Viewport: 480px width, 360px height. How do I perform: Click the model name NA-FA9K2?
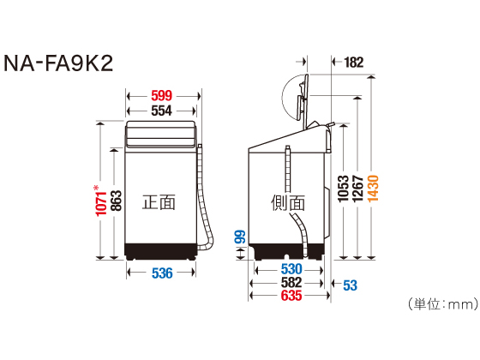(x=59, y=64)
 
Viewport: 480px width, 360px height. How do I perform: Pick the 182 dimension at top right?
(x=353, y=62)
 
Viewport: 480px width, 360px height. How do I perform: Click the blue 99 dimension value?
(x=240, y=240)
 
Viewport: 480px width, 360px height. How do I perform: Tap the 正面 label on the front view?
(x=159, y=202)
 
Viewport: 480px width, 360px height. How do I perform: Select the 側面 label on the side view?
(x=288, y=203)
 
